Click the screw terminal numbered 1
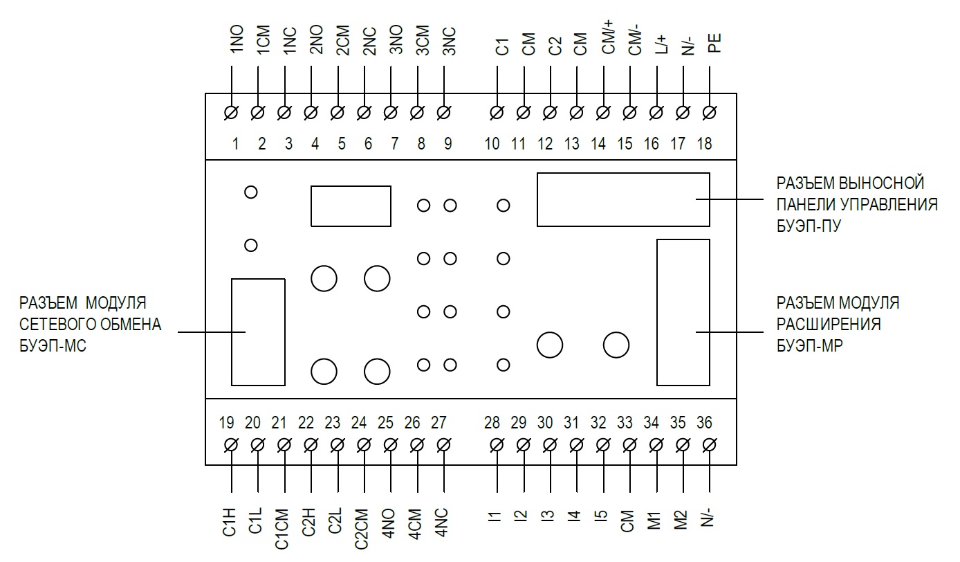point(232,112)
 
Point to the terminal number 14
point(598,144)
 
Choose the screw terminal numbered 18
point(709,112)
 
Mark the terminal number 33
point(625,422)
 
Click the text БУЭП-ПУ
point(809,225)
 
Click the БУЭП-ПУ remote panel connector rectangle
point(623,199)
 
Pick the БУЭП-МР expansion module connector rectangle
point(683,311)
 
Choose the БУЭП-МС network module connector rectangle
point(257,332)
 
